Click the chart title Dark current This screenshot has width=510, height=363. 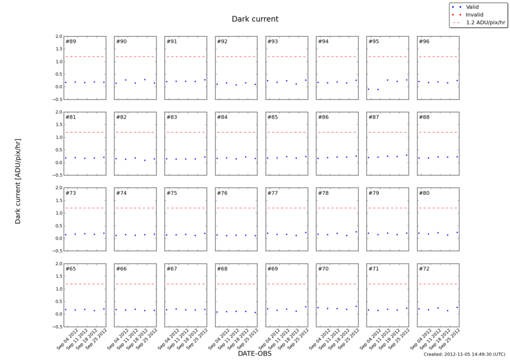(255, 19)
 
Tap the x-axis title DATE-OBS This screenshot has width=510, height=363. (255, 353)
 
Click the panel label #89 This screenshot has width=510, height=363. (71, 42)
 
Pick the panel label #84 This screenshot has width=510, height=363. (222, 117)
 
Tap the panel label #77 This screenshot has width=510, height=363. (273, 193)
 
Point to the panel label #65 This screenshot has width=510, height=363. (71, 269)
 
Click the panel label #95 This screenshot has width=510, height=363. (373, 42)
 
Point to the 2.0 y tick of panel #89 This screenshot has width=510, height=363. (57, 36)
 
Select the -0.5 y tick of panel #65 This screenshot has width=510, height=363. (56, 327)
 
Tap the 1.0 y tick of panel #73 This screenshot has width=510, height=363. (57, 213)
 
